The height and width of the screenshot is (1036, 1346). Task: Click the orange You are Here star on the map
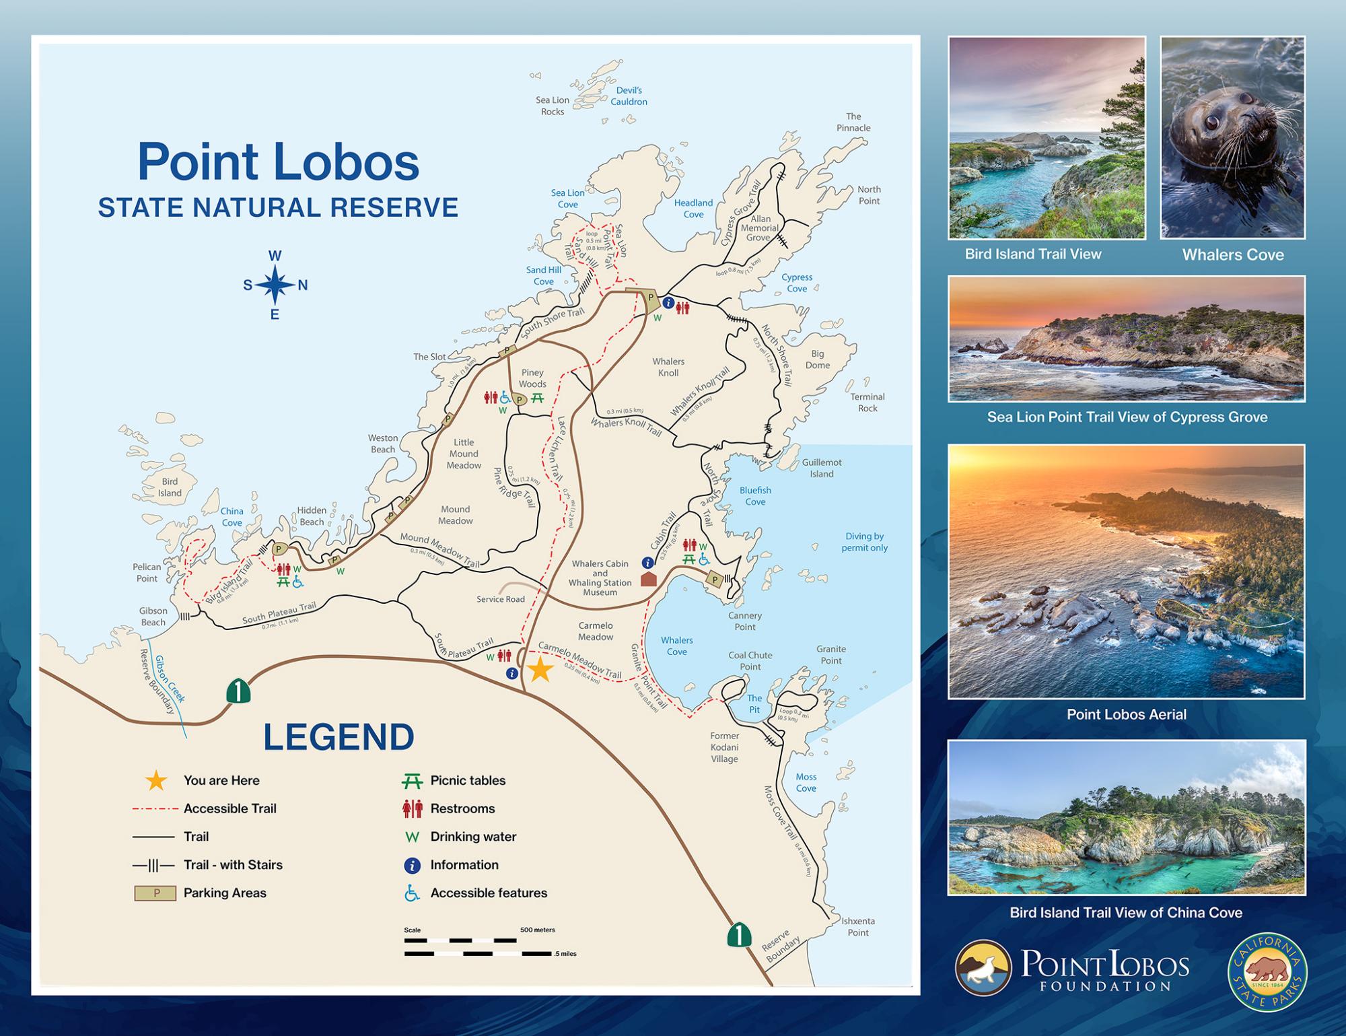540,670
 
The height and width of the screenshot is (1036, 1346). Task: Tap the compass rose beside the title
275,285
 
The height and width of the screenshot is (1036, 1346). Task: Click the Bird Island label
170,487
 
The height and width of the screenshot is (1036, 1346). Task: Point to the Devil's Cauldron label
629,96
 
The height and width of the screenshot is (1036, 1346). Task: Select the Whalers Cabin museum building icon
648,578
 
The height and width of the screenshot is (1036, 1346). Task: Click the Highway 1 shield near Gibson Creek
238,691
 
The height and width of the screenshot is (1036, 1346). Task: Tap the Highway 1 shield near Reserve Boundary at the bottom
739,934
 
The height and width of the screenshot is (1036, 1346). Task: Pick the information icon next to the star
512,673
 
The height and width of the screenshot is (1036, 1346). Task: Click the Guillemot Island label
822,469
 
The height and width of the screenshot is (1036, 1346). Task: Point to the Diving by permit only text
864,542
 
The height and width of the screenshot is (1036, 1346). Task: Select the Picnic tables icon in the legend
412,781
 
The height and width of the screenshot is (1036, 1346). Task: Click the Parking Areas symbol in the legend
155,893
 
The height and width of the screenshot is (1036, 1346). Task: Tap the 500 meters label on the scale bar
537,930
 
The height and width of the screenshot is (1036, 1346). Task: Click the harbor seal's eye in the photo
1210,123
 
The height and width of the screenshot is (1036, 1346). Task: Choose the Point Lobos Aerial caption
1126,714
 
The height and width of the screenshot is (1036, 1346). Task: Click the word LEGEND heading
339,737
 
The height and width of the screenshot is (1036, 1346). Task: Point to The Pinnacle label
853,122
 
